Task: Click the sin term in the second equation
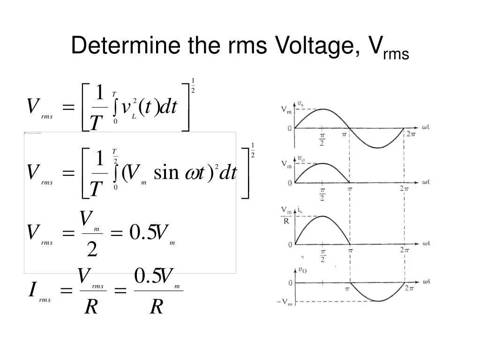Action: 166,173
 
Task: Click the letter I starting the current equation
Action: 32,291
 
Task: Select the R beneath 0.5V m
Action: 157,307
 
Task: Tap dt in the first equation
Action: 168,107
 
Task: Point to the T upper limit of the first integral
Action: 114,94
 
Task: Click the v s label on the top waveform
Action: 300,104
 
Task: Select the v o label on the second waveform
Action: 300,158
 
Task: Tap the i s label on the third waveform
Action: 300,210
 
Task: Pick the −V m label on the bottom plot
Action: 285,302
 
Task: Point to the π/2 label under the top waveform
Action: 322,139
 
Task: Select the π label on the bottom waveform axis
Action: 347,290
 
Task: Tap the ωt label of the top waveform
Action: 425,127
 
